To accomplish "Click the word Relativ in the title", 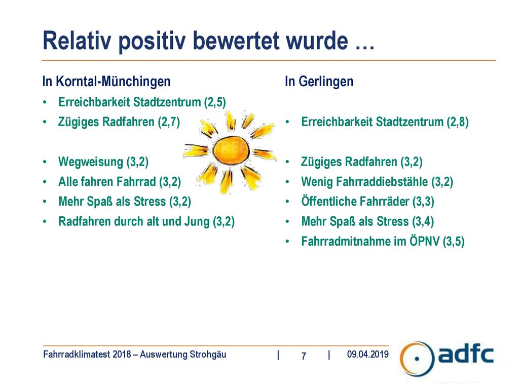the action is pos(77,41).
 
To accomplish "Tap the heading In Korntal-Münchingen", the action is pos(106,82).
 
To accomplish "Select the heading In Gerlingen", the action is pos(319,82).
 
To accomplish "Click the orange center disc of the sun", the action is pos(231,151).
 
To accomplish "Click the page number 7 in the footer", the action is pos(304,356).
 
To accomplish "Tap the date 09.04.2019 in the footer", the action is pos(368,354).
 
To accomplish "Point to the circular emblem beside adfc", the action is pos(417,359).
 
